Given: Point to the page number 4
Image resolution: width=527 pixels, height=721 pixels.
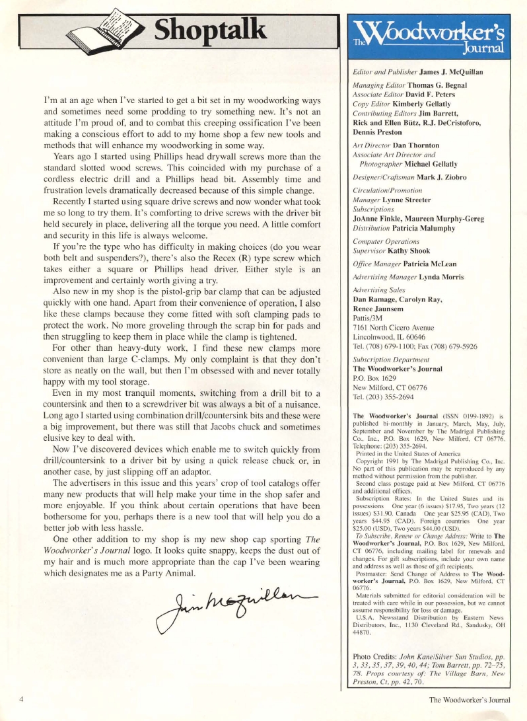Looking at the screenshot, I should click(22, 699).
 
